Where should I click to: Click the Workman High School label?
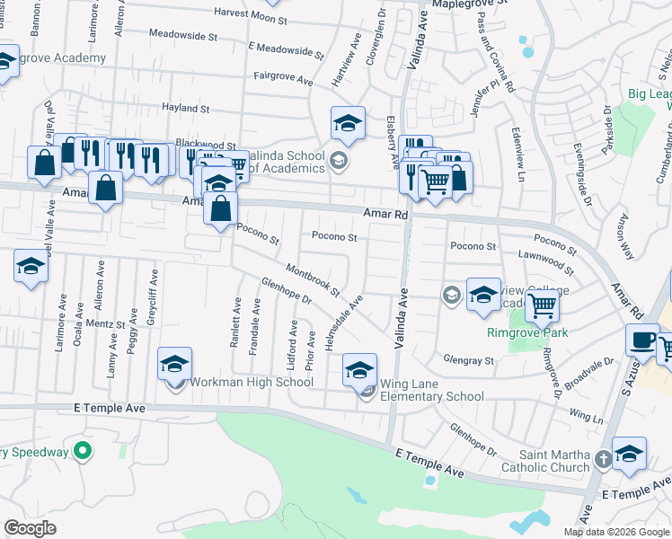252,383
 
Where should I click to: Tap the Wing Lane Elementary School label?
432,396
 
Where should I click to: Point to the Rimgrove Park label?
553,333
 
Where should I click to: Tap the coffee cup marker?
642,341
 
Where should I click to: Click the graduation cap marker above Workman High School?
175,364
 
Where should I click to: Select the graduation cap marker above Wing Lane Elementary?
359,370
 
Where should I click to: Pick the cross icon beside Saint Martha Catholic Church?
603,459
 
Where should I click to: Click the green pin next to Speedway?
83,451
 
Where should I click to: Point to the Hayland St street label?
185,109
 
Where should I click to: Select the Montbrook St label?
313,279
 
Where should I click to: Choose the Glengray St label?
470,360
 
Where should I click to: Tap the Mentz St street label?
105,323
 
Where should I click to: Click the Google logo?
30,528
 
